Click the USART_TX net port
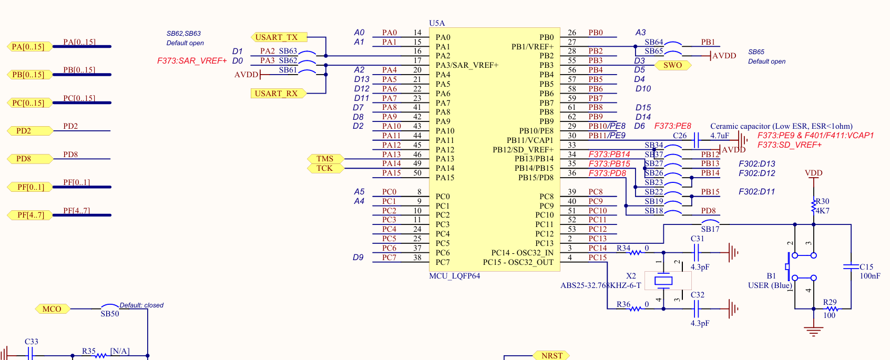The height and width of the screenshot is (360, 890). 279,37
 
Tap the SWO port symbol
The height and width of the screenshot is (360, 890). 672,65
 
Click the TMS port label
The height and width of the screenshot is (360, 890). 326,159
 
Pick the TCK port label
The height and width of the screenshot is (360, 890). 326,169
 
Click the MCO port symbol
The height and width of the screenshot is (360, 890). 53,308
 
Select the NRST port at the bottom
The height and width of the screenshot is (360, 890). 551,355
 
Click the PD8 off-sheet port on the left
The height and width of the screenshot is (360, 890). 30,159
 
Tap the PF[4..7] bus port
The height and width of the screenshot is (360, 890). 30,215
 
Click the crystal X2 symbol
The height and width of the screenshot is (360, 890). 663,281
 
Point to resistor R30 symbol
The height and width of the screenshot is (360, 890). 813,206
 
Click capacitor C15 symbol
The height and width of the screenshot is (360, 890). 851,266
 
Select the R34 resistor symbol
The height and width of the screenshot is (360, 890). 636,252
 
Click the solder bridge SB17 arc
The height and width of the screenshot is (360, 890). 710,221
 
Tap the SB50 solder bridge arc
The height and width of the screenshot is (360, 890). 110,305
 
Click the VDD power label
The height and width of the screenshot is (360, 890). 813,173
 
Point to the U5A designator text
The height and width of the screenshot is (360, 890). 437,23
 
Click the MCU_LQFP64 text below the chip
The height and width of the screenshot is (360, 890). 455,276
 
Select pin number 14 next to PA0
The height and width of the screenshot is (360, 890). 417,33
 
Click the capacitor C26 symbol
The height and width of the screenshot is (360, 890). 696,140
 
